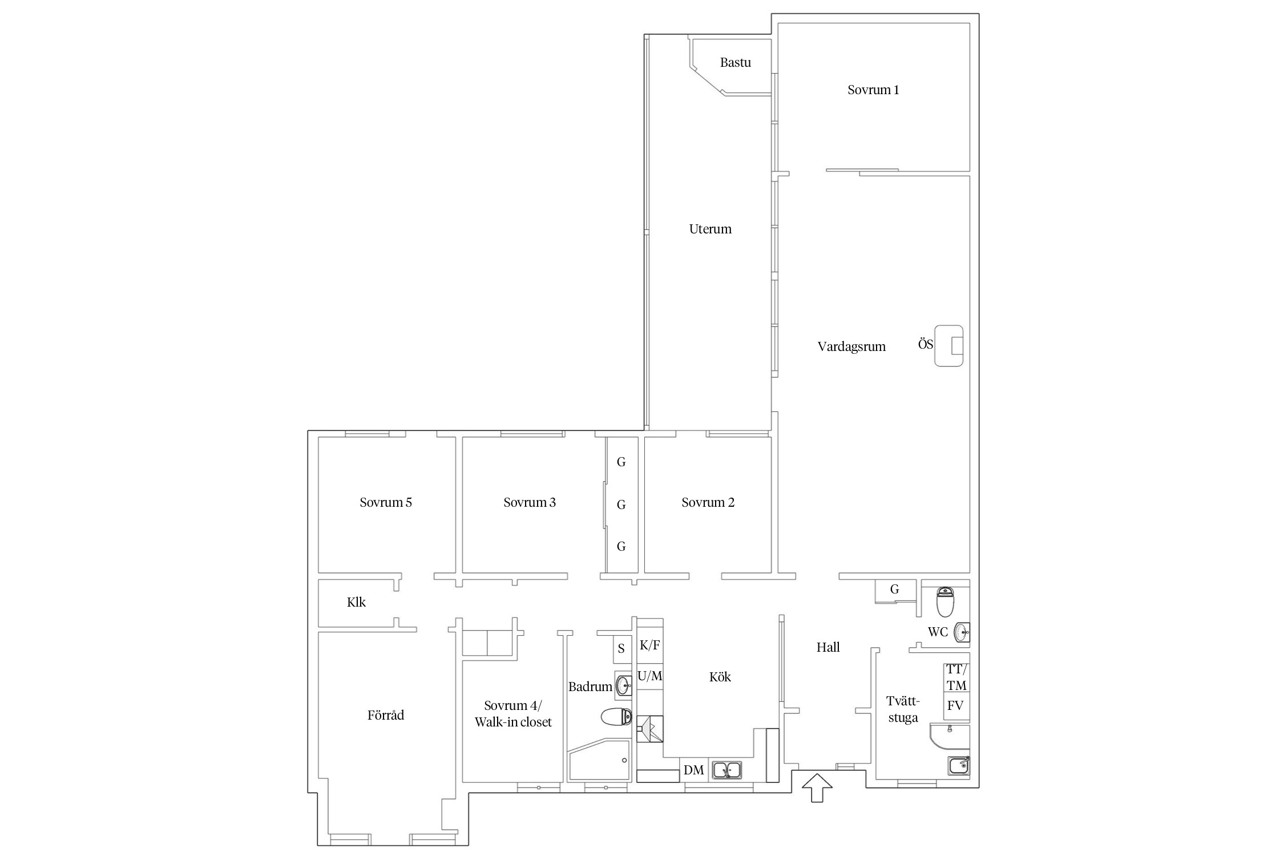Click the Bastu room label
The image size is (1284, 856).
click(735, 63)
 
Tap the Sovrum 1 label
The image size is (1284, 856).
click(873, 90)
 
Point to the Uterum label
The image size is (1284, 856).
click(710, 229)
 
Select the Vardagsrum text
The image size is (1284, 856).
click(851, 346)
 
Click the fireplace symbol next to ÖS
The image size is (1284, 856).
click(948, 346)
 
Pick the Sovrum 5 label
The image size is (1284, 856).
click(386, 502)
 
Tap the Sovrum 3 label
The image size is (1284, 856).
click(530, 502)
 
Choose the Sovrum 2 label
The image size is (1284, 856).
click(708, 502)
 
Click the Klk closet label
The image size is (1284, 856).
click(356, 602)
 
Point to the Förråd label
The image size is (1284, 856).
click(386, 715)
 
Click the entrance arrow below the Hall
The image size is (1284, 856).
click(817, 788)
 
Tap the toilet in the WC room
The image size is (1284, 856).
click(945, 602)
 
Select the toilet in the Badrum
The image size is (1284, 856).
click(616, 716)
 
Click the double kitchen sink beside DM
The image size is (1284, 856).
click(726, 770)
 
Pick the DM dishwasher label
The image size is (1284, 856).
click(693, 770)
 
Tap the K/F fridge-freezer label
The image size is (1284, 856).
click(650, 645)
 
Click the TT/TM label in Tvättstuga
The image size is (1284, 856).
click(957, 677)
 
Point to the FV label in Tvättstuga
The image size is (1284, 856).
click(955, 705)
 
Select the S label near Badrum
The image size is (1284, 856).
click(621, 649)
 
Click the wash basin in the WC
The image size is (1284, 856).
click(962, 632)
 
